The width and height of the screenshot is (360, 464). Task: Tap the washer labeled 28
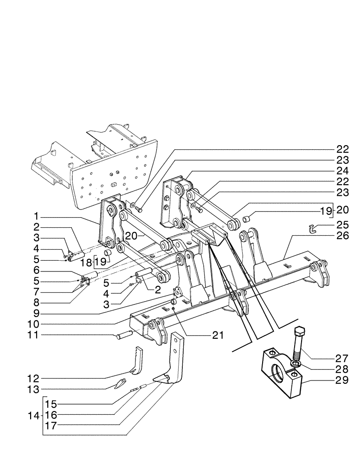click(x=295, y=364)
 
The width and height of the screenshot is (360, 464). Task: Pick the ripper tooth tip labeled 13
click(x=120, y=383)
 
